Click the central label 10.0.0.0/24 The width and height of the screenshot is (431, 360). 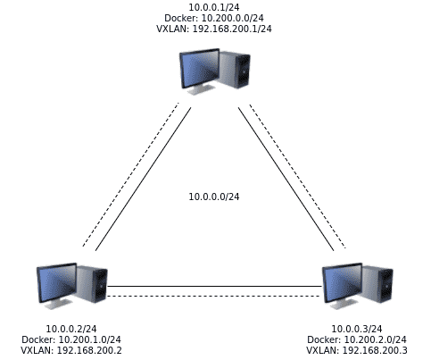(x=214, y=197)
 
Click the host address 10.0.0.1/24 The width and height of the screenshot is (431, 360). (x=214, y=7)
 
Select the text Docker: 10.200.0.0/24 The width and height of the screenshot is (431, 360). (x=214, y=18)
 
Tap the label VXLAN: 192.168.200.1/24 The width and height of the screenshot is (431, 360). (x=214, y=29)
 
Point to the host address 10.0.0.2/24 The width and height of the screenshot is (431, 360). (x=71, y=329)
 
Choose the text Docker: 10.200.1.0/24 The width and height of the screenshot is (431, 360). (x=71, y=339)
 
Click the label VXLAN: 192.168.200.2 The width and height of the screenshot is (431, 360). (x=71, y=350)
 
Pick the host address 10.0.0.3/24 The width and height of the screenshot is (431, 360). (x=357, y=329)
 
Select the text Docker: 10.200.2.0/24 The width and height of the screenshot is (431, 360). (x=357, y=339)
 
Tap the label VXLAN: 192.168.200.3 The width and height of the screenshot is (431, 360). (x=357, y=350)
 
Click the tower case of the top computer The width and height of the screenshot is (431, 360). (x=236, y=70)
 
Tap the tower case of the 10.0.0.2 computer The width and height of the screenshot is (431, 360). (x=93, y=284)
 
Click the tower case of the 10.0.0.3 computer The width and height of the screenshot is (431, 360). (x=378, y=284)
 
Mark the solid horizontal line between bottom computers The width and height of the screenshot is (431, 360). (x=214, y=287)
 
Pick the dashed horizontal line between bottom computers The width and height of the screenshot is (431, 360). (x=214, y=296)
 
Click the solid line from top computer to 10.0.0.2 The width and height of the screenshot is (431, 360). (x=143, y=179)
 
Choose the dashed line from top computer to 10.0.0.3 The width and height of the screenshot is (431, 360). (x=297, y=176)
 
